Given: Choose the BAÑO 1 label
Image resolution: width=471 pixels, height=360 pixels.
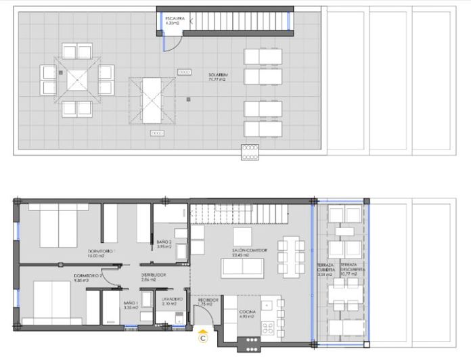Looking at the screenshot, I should (x=131, y=305).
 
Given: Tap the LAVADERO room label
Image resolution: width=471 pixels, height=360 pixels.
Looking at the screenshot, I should (x=171, y=300).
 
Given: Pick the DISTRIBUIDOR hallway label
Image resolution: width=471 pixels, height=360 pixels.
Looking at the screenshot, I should (x=153, y=276).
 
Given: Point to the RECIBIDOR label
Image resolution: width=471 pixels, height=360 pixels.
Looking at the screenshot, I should (x=207, y=301).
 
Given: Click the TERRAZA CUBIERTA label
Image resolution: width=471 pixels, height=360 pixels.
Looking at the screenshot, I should (x=326, y=270).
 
